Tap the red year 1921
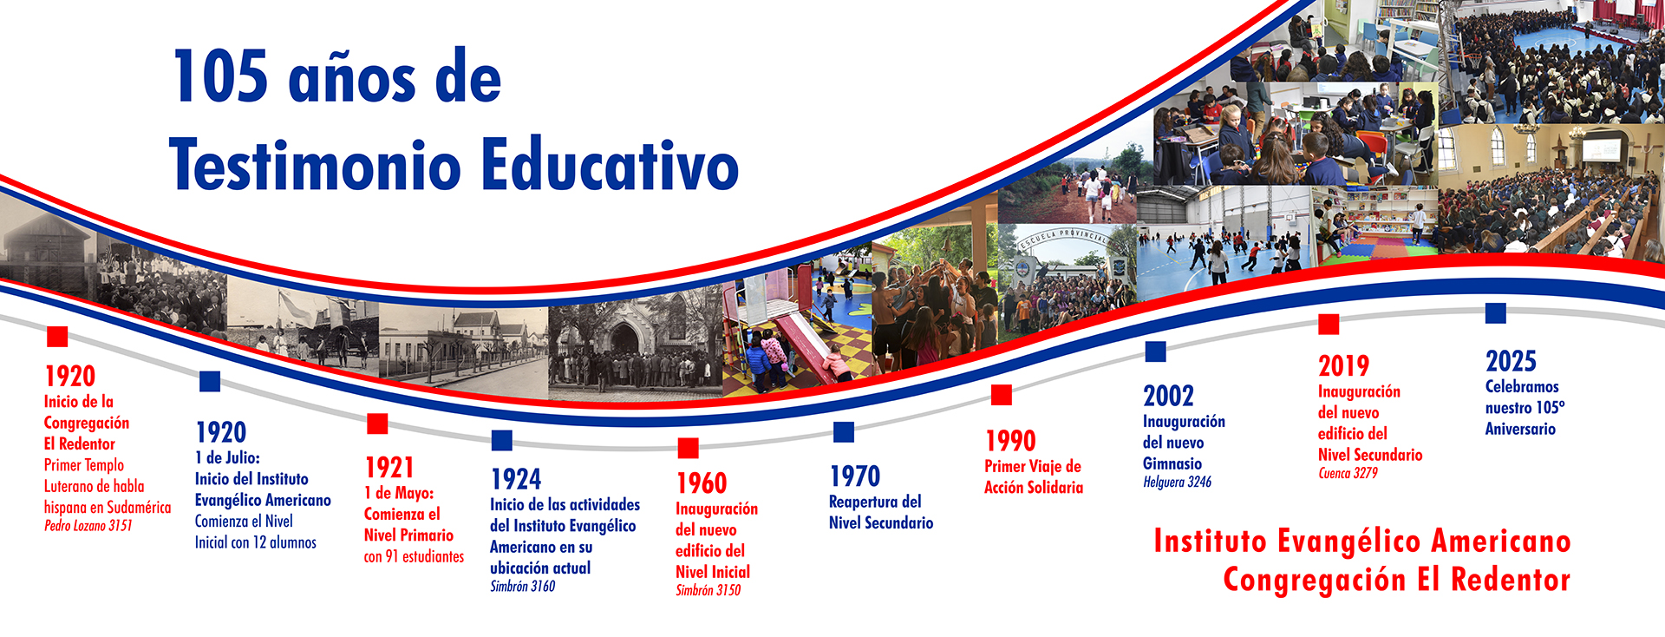coord(389,468)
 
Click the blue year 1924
coord(516,479)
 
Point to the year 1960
coord(702,483)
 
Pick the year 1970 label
coord(855,476)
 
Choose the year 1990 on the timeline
coord(1010,441)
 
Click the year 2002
coord(1168,397)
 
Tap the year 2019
coord(1343,366)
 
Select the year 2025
coord(1511,361)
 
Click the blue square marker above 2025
coord(1496,312)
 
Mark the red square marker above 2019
coord(1329,324)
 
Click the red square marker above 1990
coord(1002,395)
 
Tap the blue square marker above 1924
coord(502,440)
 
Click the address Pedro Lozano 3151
coord(88,526)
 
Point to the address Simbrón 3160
coord(522,587)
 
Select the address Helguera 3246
coord(1177,483)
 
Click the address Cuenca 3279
coord(1348,474)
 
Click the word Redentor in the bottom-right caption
coord(1511,580)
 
